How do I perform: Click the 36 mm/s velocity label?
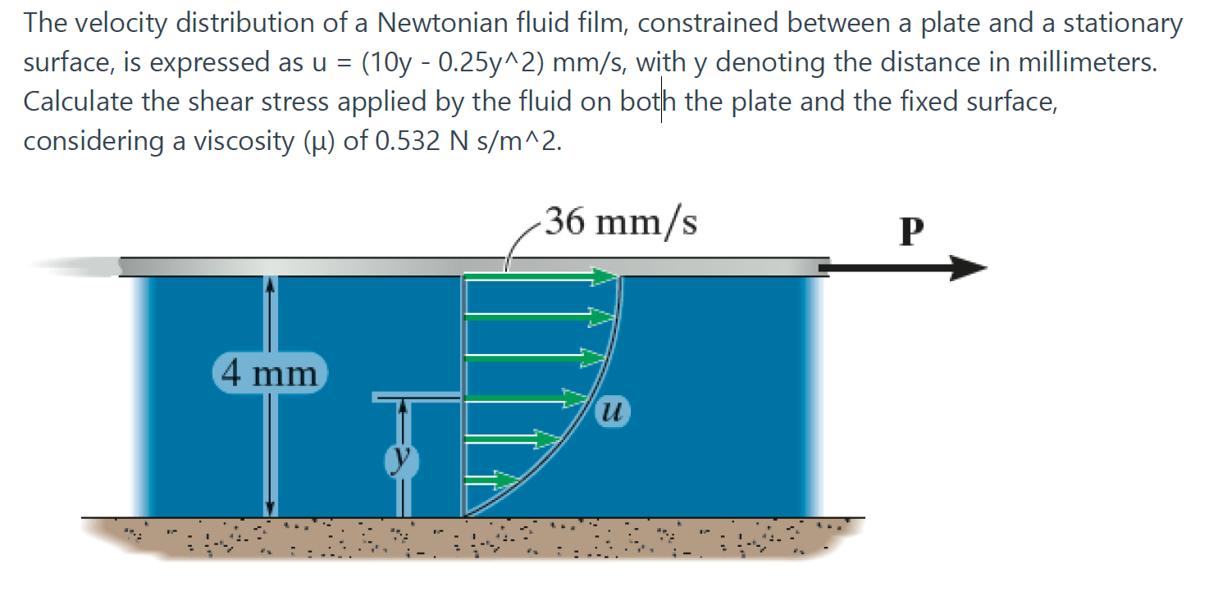(621, 222)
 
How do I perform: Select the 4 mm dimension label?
(270, 374)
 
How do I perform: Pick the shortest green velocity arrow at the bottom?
(494, 477)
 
